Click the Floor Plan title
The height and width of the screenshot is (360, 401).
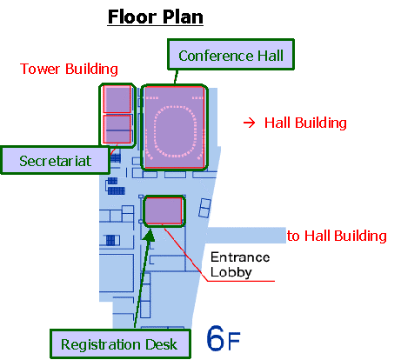coord(156,17)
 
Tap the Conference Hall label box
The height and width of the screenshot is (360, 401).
coord(231,55)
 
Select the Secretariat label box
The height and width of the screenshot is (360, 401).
coord(55,160)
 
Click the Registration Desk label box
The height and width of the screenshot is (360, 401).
coord(120,343)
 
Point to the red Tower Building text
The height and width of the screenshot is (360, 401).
coord(69,69)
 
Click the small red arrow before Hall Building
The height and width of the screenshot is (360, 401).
coord(249,123)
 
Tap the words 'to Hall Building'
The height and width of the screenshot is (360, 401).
coord(337,236)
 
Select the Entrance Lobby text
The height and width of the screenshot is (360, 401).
coord(240,264)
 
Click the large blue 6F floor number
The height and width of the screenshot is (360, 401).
coord(224,338)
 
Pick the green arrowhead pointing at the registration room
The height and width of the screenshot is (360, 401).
coord(150,235)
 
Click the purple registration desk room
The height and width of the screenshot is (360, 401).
coord(164,210)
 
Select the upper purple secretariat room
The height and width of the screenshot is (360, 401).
coord(117,99)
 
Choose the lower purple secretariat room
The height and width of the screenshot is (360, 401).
coord(117,129)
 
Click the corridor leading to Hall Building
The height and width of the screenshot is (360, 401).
coord(246,235)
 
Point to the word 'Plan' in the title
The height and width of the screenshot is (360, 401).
coord(183,17)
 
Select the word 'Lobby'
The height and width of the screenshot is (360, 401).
coord(231,272)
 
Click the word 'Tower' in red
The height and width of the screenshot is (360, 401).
coord(40,69)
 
